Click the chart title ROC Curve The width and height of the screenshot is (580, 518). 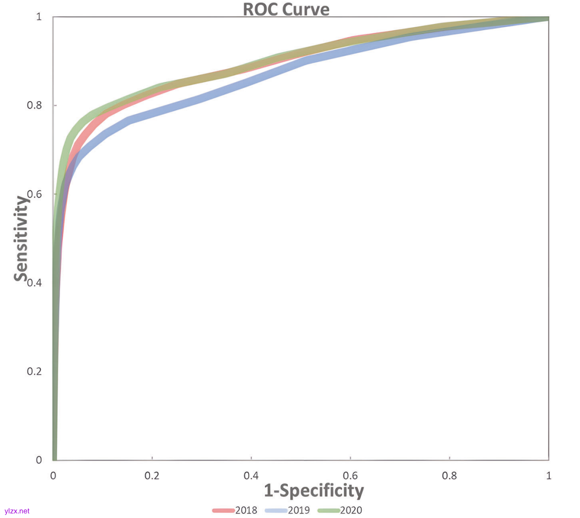(x=286, y=9)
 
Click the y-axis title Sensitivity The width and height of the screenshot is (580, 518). (x=21, y=238)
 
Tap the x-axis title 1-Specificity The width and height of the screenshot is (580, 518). (x=314, y=490)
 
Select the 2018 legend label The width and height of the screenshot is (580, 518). (x=246, y=510)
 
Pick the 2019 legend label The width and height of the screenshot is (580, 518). (x=298, y=510)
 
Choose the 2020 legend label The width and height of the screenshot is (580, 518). (x=351, y=510)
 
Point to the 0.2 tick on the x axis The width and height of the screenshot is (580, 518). (x=152, y=476)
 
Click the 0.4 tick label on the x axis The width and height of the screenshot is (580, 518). (x=251, y=476)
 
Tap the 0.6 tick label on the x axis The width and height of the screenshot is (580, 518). (x=350, y=476)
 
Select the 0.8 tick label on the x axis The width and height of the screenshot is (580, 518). (x=449, y=476)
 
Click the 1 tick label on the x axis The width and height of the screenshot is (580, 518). (x=548, y=476)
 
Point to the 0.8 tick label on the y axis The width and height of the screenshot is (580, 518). (x=34, y=105)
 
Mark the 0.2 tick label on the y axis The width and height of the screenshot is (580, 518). (x=34, y=371)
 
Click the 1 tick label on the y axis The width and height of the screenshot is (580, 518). (x=39, y=17)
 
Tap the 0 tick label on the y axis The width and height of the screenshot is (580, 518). (x=39, y=460)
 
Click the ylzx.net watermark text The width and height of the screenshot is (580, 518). (x=17, y=511)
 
